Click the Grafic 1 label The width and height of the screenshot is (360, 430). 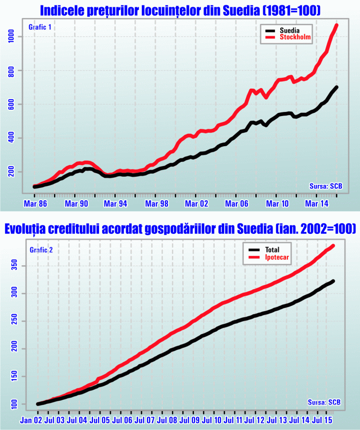(40, 28)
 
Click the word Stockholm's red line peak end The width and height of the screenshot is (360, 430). (337, 25)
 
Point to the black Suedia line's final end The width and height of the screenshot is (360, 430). (337, 87)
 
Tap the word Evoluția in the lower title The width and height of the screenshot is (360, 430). (26, 230)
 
